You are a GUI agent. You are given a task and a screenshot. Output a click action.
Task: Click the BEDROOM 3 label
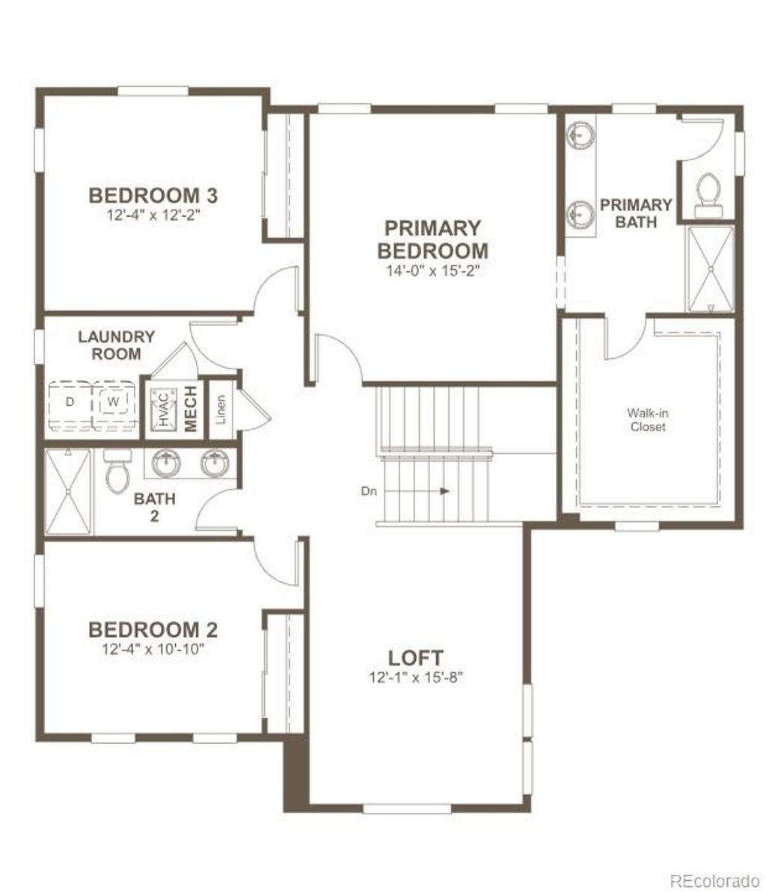tap(153, 196)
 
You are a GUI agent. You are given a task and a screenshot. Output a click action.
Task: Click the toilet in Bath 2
tap(117, 470)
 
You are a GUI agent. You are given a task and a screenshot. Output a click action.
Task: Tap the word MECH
tap(191, 408)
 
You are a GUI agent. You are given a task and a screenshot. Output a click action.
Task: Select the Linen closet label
tap(221, 407)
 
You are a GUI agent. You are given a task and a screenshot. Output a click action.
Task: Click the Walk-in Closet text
tap(647, 419)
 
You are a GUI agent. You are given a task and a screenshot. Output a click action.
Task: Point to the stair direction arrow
tap(444, 491)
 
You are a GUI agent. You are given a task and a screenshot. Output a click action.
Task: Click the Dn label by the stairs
tap(368, 491)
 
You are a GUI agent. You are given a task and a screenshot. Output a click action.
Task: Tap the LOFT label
tap(416, 658)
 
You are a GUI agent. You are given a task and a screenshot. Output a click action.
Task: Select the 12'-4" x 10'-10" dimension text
tap(153, 649)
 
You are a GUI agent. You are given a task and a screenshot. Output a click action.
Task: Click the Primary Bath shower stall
tap(710, 268)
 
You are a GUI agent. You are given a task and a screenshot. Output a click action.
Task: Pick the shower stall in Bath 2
tap(67, 491)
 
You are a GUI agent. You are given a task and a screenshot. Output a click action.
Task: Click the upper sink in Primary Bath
tap(580, 135)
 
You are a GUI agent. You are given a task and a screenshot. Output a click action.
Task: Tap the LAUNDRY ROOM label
tap(117, 345)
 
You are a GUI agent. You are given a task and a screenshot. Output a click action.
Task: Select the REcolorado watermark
tap(714, 878)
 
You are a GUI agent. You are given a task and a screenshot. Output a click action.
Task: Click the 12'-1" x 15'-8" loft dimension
tap(416, 677)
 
